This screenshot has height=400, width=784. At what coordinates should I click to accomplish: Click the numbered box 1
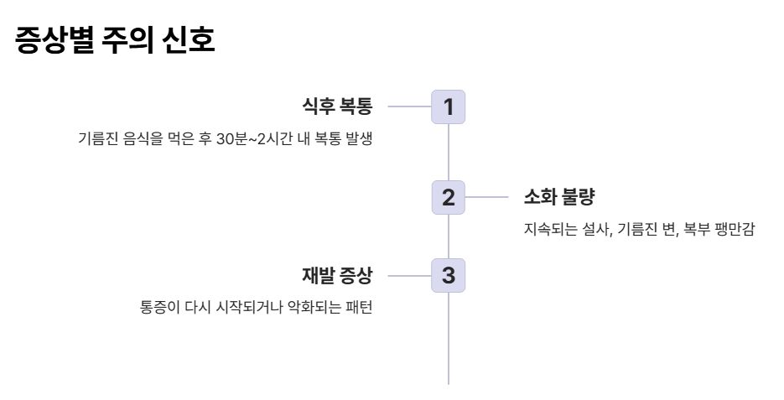(448, 106)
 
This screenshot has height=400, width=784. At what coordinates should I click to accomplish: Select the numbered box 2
(448, 198)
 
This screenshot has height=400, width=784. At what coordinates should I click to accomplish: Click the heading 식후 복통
(336, 106)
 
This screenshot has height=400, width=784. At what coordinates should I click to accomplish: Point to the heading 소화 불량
(558, 198)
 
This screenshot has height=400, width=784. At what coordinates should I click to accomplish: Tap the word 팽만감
(735, 230)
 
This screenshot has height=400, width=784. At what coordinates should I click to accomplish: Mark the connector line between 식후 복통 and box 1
(409, 106)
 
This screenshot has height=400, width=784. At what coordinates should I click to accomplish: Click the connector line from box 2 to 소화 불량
(486, 198)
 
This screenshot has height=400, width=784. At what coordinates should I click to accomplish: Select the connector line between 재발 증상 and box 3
(409, 275)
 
